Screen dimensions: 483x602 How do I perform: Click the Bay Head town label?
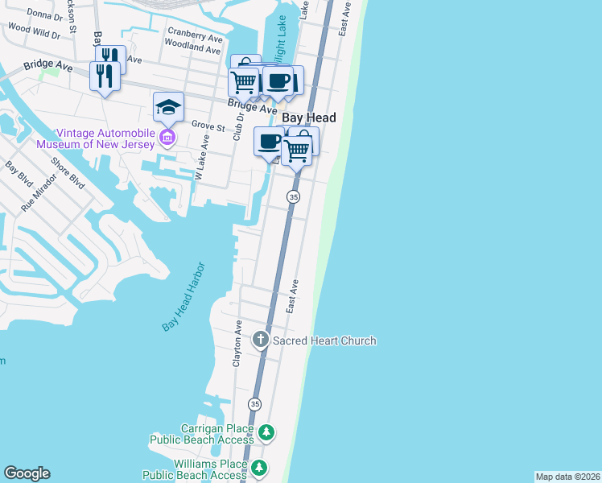tap(308, 118)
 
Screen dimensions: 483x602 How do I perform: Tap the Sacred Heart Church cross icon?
tap(261, 341)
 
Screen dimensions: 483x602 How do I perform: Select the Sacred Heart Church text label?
tap(324, 341)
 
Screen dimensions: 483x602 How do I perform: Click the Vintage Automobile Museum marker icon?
tap(167, 138)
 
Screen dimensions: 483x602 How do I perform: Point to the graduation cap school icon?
tap(169, 106)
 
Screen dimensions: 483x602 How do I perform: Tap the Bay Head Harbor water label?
tap(184, 296)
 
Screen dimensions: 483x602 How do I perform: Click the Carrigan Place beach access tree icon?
tap(266, 434)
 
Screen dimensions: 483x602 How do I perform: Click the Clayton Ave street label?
tap(237, 343)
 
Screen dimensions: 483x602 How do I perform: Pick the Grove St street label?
tap(208, 125)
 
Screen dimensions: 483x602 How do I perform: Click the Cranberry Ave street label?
tap(195, 37)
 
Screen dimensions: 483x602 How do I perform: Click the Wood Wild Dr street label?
tap(34, 31)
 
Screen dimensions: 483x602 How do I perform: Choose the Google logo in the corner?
tap(27, 473)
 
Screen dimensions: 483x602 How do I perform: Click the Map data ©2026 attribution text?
tap(567, 477)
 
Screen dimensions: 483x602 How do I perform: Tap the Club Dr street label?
tap(238, 127)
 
